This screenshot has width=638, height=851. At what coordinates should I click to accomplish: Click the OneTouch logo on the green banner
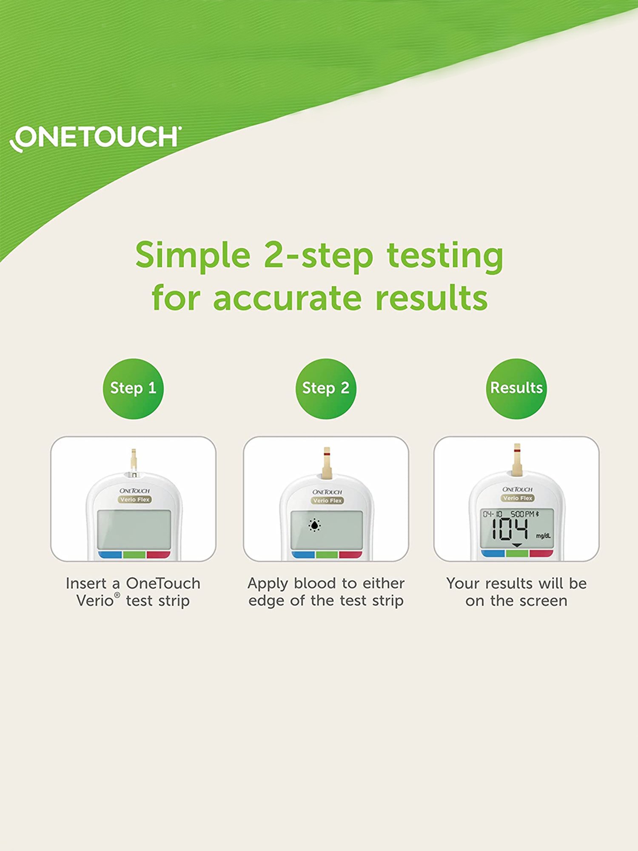[x=96, y=137]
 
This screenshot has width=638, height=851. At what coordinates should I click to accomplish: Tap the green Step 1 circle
[x=133, y=388]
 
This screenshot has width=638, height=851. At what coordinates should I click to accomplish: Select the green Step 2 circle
[x=326, y=388]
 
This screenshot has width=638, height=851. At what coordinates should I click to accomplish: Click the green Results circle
[x=516, y=388]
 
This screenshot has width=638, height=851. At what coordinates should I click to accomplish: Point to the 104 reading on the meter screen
[x=510, y=530]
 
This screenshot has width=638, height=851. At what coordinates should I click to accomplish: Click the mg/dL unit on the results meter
[x=543, y=536]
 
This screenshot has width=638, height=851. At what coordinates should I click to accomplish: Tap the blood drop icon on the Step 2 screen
[x=314, y=525]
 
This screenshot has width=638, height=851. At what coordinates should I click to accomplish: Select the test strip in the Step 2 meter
[x=327, y=462]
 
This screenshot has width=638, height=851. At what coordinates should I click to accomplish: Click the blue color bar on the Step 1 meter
[x=110, y=555]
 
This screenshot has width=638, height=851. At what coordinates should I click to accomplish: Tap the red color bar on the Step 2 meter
[x=350, y=555]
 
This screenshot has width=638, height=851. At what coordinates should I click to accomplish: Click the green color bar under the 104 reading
[x=517, y=553]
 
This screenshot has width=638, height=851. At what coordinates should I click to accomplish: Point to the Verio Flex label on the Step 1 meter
[x=135, y=500]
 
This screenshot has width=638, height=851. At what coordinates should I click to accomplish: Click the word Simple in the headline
[x=193, y=255]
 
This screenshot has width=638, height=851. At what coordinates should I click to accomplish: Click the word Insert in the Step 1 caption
[x=86, y=583]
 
